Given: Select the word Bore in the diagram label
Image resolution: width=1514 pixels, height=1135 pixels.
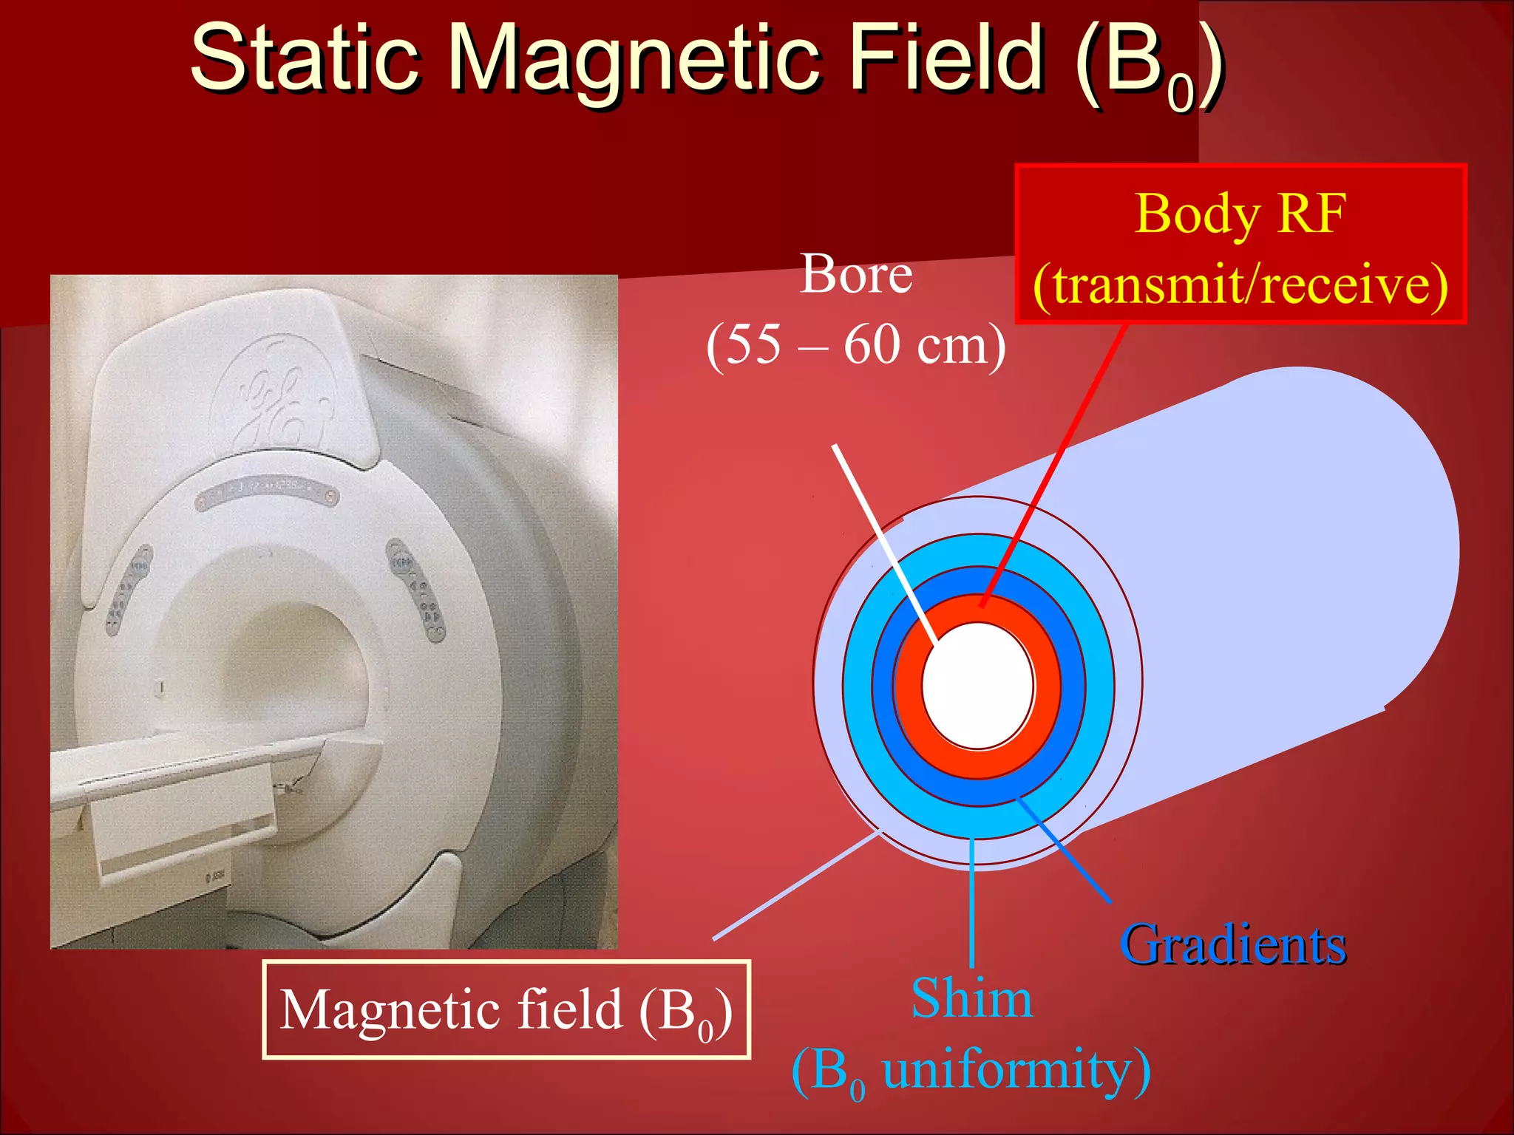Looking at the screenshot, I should (x=856, y=275).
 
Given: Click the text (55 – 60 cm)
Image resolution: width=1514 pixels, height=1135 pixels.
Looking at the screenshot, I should (x=856, y=344).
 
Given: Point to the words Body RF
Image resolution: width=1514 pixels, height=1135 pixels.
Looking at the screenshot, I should (x=1240, y=214).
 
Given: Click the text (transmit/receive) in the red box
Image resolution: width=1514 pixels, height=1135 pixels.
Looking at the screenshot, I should (x=1240, y=285).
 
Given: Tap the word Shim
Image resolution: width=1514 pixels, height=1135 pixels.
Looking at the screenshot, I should (x=971, y=999).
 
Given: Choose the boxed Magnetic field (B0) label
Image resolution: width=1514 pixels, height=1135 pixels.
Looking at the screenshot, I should (x=506, y=1010).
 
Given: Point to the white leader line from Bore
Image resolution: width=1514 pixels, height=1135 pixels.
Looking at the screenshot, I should (x=880, y=532).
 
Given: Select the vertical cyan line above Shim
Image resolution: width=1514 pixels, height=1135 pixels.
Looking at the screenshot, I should (x=971, y=901).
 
